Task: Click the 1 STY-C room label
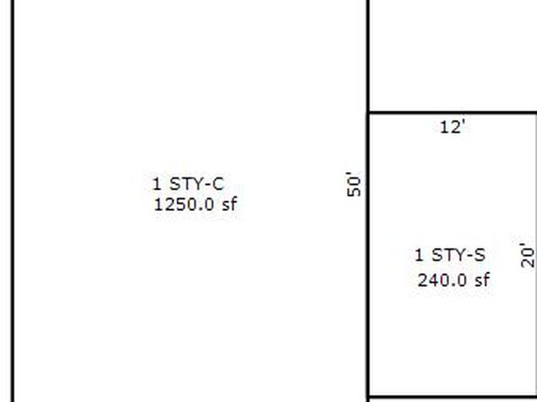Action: pyautogui.click(x=188, y=184)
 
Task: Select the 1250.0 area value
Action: pyautogui.click(x=184, y=205)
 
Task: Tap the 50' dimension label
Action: pyautogui.click(x=354, y=185)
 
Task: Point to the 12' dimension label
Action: pyautogui.click(x=452, y=127)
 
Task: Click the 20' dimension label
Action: pyautogui.click(x=527, y=255)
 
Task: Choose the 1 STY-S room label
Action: pyautogui.click(x=450, y=255)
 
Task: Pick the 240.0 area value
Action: pyautogui.click(x=441, y=280)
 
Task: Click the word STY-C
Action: pyautogui.click(x=197, y=184)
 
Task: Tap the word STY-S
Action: pyautogui.click(x=459, y=255)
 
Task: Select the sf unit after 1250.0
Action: pyautogui.click(x=230, y=205)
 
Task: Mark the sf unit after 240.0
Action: pyautogui.click(x=482, y=280)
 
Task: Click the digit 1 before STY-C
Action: pyautogui.click(x=157, y=184)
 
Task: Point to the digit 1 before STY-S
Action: pyautogui.click(x=419, y=255)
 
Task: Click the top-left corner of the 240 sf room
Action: pyautogui.click(x=369, y=113)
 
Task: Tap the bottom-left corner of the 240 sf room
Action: pyautogui.click(x=369, y=397)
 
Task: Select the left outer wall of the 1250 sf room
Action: pyautogui.click(x=13, y=201)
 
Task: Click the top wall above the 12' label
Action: pyautogui.click(x=452, y=113)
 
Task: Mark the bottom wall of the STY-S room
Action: pyautogui.click(x=452, y=397)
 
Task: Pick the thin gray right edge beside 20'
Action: pyautogui.click(x=536, y=255)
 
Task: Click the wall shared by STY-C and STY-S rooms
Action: pyautogui.click(x=369, y=255)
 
